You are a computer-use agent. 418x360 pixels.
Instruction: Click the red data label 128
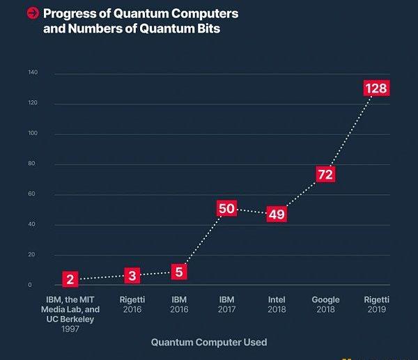376,88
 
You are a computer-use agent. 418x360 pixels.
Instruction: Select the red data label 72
325,174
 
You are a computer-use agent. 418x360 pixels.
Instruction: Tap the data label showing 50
226,208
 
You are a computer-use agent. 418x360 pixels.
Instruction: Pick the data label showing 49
277,214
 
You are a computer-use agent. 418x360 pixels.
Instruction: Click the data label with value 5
178,272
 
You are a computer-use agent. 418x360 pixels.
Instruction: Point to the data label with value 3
132,276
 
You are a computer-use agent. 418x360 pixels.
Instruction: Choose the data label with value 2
70,280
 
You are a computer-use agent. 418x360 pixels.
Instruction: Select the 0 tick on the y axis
30,285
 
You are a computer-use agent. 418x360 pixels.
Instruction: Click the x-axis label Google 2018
325,304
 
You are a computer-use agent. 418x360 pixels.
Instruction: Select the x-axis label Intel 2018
277,304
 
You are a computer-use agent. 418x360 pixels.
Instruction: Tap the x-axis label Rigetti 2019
376,304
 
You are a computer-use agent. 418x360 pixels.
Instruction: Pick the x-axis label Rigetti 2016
132,304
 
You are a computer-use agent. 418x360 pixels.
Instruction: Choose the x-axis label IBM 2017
226,304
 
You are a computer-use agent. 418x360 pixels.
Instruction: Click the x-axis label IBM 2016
178,304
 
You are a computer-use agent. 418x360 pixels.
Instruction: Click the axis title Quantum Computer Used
209,342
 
